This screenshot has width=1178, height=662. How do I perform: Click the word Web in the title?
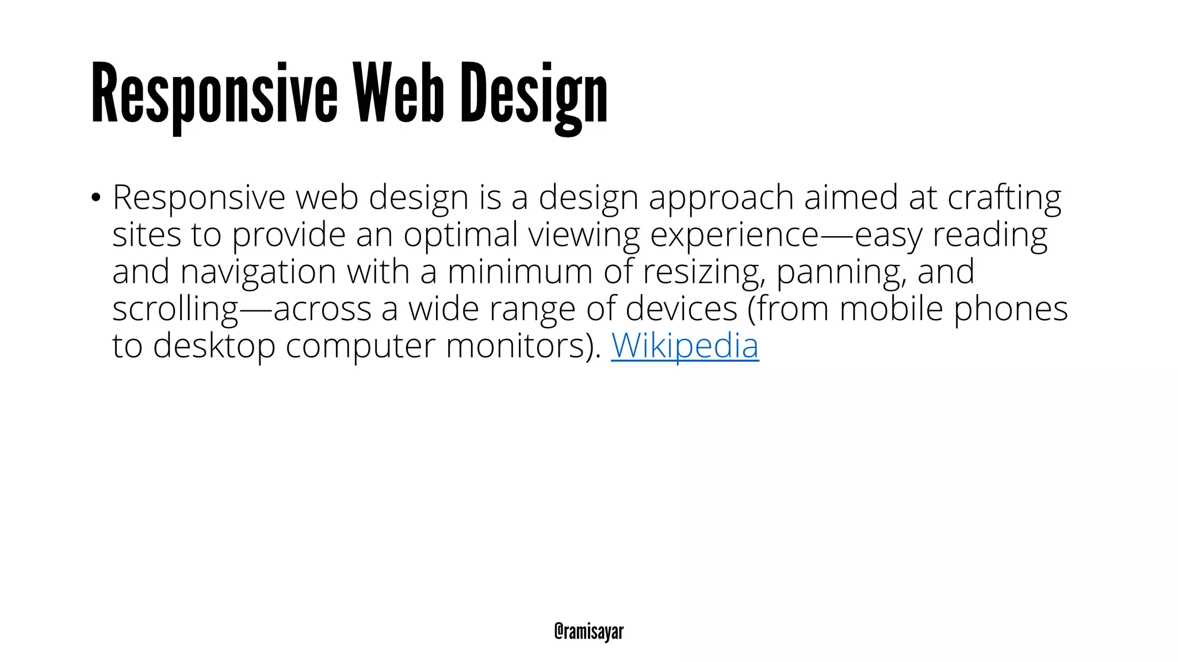tap(398, 93)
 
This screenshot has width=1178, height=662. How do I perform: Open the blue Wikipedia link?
tap(684, 346)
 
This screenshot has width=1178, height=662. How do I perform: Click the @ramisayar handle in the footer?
tap(588, 631)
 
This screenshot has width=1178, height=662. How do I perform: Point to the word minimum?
tap(519, 272)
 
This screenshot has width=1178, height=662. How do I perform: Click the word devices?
tap(681, 309)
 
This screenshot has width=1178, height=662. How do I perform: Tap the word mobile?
tap(891, 309)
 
